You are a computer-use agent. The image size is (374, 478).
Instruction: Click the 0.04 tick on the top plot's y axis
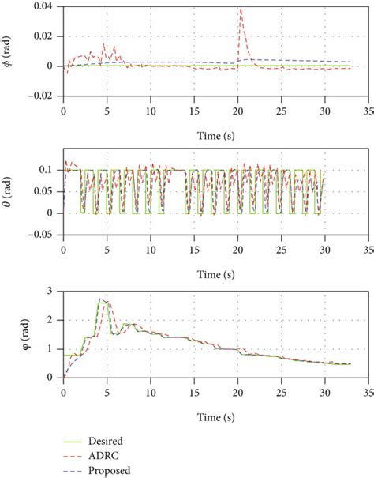click(x=45, y=7)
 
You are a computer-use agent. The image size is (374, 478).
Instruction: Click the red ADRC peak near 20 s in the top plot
click(x=240, y=9)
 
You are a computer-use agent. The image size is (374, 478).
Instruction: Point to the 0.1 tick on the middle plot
click(x=49, y=170)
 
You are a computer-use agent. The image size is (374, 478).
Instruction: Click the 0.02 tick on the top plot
click(x=45, y=36)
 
